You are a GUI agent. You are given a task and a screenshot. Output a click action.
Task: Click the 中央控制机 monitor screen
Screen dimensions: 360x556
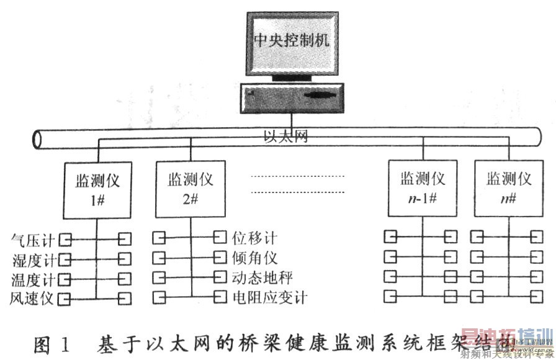tap(291, 42)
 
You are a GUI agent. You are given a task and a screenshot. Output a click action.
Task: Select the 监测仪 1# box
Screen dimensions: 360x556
tap(96, 190)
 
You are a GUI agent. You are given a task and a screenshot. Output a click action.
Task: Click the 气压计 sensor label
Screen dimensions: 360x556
tap(33, 238)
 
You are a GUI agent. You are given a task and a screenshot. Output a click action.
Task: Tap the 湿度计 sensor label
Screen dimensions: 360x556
tap(33, 258)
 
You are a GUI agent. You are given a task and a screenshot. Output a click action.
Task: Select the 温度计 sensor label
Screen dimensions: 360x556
tap(33, 278)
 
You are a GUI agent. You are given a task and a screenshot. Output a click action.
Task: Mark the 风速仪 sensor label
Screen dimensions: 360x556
tap(33, 299)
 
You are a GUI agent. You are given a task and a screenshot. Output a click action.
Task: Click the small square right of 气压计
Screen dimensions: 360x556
tap(64, 238)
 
